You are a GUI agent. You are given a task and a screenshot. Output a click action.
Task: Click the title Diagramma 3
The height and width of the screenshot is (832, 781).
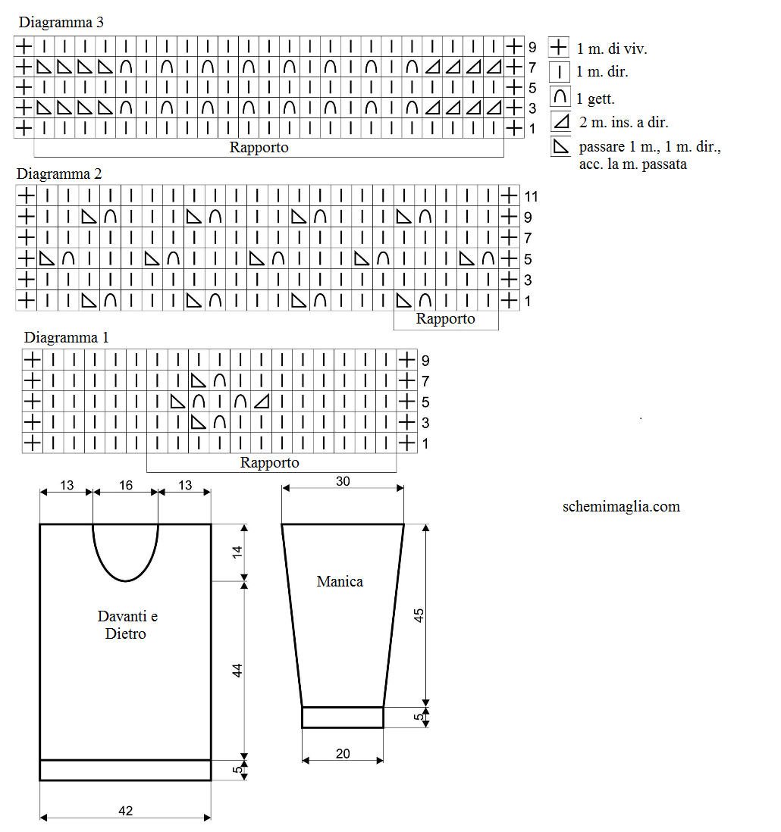(x=61, y=22)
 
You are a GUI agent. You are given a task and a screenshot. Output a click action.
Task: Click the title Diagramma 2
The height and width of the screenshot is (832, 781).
(x=59, y=174)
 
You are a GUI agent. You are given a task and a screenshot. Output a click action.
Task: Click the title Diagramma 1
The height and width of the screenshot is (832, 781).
(x=67, y=337)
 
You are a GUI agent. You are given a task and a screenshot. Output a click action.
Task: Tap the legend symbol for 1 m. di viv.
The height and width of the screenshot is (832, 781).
(x=559, y=47)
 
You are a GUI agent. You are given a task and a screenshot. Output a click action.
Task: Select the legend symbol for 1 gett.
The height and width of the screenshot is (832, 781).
(x=560, y=96)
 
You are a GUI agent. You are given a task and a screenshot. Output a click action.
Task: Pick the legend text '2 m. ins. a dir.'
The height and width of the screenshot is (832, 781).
(x=624, y=123)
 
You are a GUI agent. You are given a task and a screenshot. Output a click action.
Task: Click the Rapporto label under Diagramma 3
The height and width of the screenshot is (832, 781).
(x=259, y=148)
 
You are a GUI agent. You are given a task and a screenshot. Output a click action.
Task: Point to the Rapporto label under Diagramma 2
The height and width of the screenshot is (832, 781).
(x=445, y=319)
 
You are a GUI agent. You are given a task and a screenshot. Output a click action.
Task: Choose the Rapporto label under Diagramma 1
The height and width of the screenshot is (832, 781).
(x=270, y=463)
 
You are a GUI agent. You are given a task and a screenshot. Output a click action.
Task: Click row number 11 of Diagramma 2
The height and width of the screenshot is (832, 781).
(x=531, y=197)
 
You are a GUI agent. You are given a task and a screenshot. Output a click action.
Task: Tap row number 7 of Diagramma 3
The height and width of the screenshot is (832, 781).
(x=532, y=67)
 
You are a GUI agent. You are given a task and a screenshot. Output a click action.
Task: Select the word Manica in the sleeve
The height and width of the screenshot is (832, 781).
(x=340, y=581)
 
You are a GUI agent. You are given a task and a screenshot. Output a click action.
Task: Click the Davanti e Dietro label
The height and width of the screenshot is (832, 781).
(x=127, y=624)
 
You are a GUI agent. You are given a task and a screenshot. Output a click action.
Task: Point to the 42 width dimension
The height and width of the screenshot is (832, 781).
(x=126, y=811)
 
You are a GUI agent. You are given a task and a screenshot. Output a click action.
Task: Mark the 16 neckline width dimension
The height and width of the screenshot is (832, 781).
(x=126, y=485)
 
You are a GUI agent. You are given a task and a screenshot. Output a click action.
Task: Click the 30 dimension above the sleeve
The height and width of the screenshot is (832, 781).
(x=343, y=481)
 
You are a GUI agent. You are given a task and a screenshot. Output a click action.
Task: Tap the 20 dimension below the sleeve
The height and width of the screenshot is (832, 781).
(x=343, y=753)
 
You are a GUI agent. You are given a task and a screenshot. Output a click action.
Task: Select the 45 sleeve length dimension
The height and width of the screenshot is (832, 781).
(x=419, y=615)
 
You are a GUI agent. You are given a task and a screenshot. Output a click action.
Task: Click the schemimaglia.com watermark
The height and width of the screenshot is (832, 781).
(x=621, y=507)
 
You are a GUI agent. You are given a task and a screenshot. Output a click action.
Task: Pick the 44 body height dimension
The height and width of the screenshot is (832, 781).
(x=237, y=671)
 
